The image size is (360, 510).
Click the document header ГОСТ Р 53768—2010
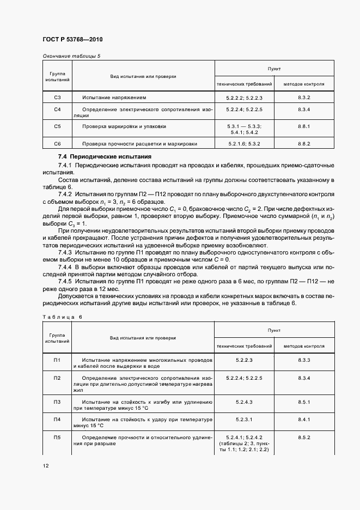pyautogui.click(x=72, y=40)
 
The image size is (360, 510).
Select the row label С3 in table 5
pyautogui.click(x=58, y=98)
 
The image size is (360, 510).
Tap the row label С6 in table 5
pyautogui.click(x=58, y=144)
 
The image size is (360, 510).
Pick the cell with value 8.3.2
pyautogui.click(x=304, y=98)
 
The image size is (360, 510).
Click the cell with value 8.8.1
pyautogui.click(x=304, y=126)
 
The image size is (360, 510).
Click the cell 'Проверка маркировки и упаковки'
pyautogui.click(x=124, y=126)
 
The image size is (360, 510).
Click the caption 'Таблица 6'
pyautogui.click(x=62, y=316)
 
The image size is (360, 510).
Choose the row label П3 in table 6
pyautogui.click(x=58, y=402)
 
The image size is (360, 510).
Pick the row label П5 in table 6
pyautogui.click(x=58, y=438)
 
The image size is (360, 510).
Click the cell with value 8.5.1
pyautogui.click(x=304, y=402)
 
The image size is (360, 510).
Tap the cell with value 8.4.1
pyautogui.click(x=304, y=420)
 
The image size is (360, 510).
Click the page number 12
pyautogui.click(x=46, y=466)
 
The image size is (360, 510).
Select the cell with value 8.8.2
pyautogui.click(x=304, y=144)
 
